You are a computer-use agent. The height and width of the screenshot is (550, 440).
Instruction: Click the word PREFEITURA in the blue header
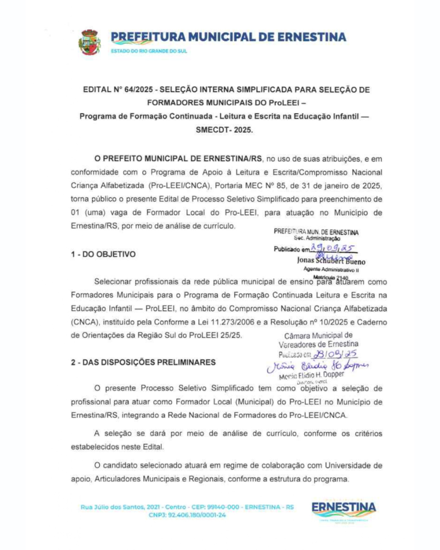(146, 37)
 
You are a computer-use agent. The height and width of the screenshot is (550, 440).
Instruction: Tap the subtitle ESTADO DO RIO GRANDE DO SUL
(149, 51)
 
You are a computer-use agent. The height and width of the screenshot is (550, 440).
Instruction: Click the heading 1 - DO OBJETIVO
(103, 254)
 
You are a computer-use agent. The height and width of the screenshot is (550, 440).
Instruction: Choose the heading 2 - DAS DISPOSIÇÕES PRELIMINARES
(143, 362)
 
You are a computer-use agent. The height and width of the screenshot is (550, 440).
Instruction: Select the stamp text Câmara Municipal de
(319, 335)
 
